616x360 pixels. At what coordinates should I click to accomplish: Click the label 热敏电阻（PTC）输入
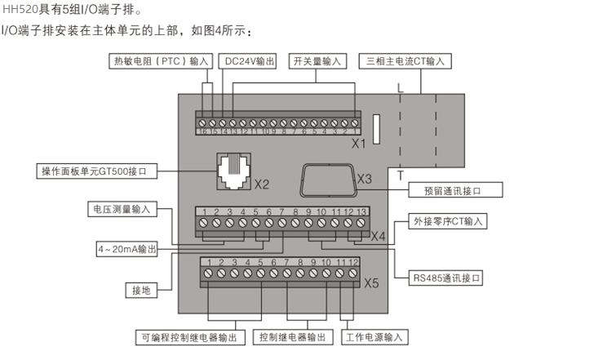[160, 61]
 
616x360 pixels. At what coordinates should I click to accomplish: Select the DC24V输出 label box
[249, 61]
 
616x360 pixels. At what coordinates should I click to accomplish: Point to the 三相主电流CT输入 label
[406, 61]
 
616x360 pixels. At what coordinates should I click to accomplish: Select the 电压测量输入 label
[121, 209]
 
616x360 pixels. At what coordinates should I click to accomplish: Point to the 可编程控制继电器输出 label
[188, 336]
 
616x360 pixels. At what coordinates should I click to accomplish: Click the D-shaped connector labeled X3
[326, 179]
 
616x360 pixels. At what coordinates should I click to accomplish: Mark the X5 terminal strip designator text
[371, 283]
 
